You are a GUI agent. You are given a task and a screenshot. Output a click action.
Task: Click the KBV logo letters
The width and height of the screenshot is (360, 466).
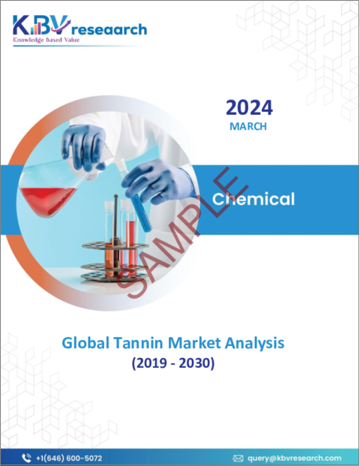coord(41,26)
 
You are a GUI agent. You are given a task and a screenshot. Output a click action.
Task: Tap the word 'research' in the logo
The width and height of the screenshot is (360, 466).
coord(109,30)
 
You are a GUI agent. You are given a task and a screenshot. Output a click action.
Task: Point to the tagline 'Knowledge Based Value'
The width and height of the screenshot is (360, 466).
coord(46,40)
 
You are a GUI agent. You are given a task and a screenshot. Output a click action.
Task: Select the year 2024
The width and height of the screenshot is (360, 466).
coord(249,107)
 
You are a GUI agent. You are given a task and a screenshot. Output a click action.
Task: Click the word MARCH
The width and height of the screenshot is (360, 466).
coord(248,126)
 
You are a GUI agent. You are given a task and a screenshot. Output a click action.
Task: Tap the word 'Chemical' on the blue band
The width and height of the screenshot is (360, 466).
coord(253,199)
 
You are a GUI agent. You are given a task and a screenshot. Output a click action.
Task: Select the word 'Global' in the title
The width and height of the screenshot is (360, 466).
coord(85,343)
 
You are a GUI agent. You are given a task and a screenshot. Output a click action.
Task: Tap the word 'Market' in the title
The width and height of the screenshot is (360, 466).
coord(194,343)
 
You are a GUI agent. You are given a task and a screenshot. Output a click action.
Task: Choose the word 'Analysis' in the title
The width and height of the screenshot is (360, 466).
coord(254,344)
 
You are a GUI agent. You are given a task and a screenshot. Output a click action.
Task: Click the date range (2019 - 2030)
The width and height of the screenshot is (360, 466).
coord(173,363)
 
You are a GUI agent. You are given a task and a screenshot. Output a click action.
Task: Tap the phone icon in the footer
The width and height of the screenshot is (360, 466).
coord(26,458)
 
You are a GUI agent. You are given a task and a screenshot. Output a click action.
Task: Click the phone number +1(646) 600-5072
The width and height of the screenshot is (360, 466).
coord(69,458)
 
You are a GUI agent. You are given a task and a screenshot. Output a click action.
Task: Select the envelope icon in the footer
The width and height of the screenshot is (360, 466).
coord(238,458)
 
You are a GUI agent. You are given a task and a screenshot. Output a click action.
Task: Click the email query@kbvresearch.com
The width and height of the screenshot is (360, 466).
coord(294,458)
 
